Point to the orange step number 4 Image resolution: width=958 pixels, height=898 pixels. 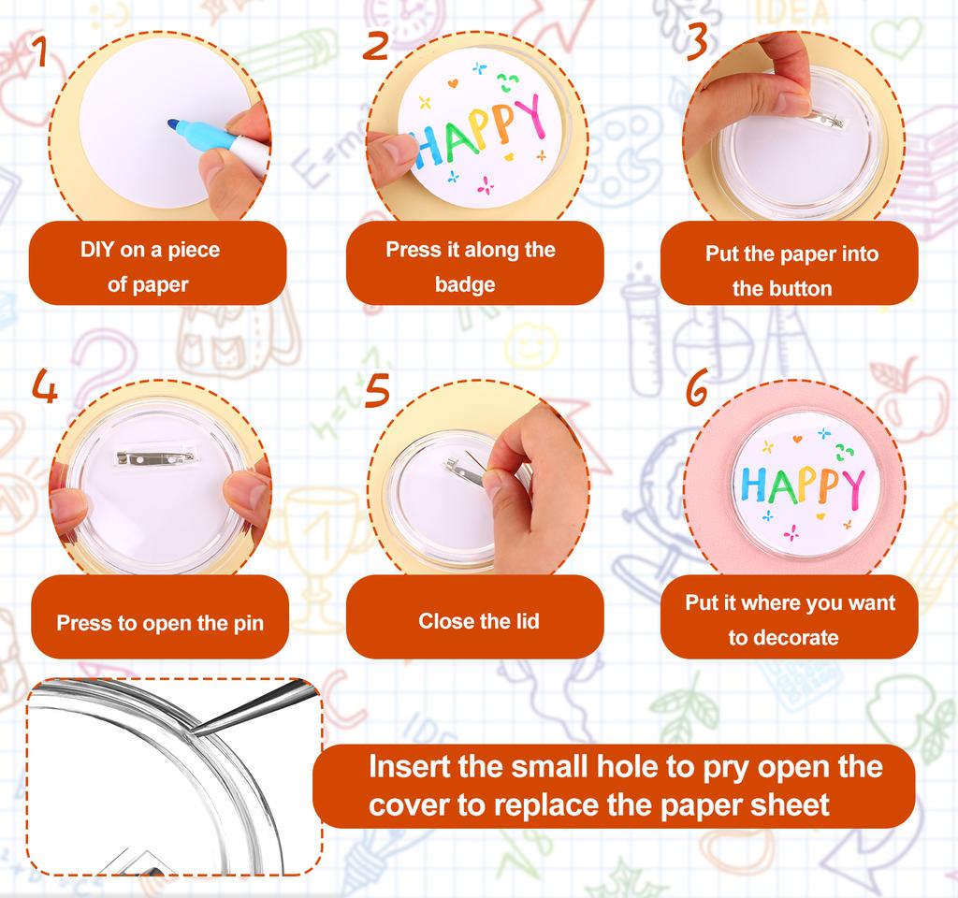[x=44, y=386]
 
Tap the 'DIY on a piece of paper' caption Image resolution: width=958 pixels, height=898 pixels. [x=149, y=268]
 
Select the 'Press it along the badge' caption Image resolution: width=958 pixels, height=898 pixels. [x=471, y=267]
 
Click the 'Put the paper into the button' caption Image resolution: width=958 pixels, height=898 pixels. [x=791, y=270]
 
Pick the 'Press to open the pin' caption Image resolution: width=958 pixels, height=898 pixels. [x=160, y=623]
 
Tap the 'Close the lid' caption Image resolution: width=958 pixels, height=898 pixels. [x=478, y=621]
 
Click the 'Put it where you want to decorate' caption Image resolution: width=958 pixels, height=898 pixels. [x=790, y=620]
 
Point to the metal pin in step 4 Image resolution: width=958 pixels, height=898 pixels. [x=154, y=456]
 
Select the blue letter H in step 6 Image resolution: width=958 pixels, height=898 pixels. [x=754, y=485]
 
